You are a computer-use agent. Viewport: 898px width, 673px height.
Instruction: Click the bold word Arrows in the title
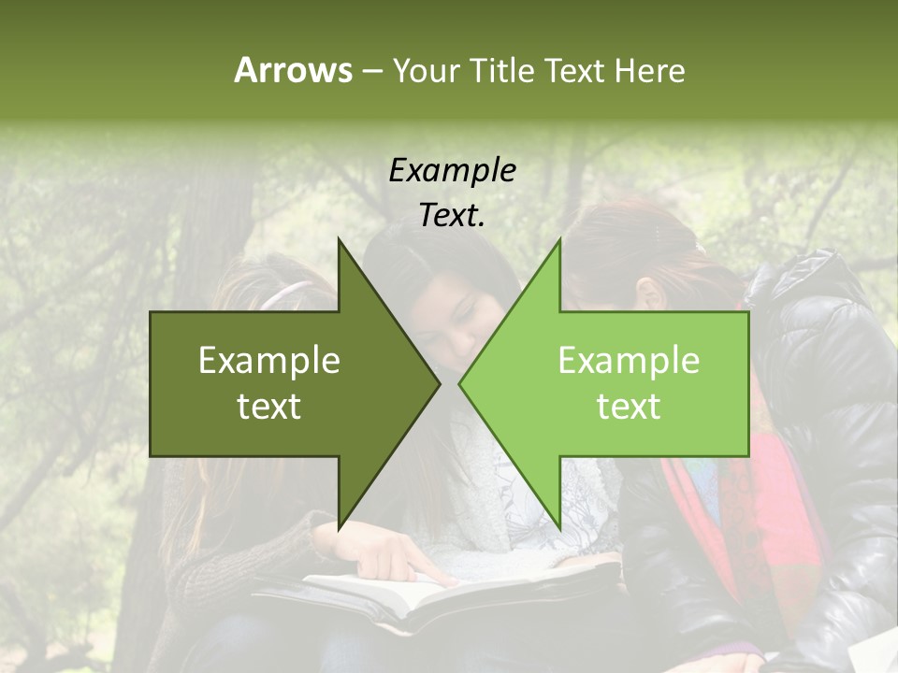(x=293, y=70)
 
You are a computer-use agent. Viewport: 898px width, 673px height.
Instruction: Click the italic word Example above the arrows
(x=452, y=170)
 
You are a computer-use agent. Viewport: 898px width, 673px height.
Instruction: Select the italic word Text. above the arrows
(x=452, y=215)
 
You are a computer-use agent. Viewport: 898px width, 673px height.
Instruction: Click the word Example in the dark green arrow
(x=268, y=361)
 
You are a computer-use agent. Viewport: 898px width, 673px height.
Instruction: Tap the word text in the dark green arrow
(x=268, y=407)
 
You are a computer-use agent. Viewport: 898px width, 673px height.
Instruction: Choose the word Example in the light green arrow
(x=629, y=361)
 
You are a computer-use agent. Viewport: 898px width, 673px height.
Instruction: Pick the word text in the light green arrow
(x=629, y=407)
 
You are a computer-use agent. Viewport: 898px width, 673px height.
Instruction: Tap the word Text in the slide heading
(x=576, y=70)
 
